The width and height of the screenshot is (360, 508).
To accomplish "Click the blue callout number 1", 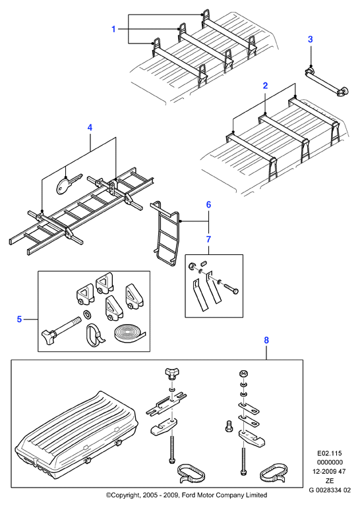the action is pyautogui.click(x=113, y=29).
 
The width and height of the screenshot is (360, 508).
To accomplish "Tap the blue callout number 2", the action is pyautogui.click(x=265, y=86).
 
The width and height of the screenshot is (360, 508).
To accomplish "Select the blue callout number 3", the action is pyautogui.click(x=311, y=39).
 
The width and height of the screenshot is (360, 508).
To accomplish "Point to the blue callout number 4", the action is pyautogui.click(x=90, y=128).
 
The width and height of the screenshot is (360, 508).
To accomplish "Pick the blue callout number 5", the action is pyautogui.click(x=19, y=320).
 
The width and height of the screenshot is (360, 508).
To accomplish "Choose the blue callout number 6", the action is pyautogui.click(x=208, y=205).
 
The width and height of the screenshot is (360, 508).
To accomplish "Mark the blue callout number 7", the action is pyautogui.click(x=208, y=239).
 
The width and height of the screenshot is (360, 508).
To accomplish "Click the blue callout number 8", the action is pyautogui.click(x=266, y=340).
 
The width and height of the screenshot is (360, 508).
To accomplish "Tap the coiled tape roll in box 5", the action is pyautogui.click(x=129, y=332).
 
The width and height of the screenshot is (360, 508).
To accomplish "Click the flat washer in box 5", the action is pyautogui.click(x=87, y=314).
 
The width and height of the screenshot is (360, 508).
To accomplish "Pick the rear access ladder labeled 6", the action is pyautogui.click(x=165, y=234).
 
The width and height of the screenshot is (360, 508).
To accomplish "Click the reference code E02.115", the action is pyautogui.click(x=330, y=453).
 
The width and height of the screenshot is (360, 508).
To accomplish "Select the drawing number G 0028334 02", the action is pyautogui.click(x=330, y=490).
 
